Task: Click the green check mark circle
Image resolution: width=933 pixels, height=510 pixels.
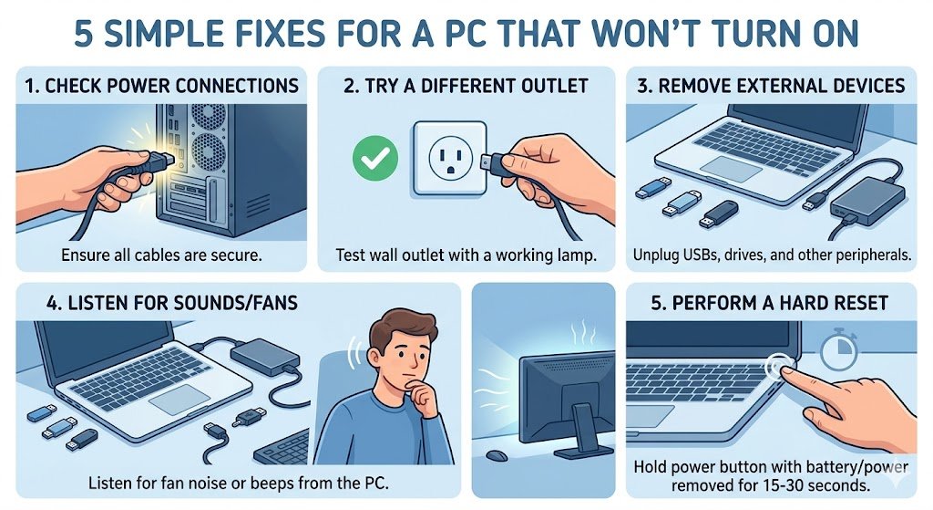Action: point(371,163)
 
